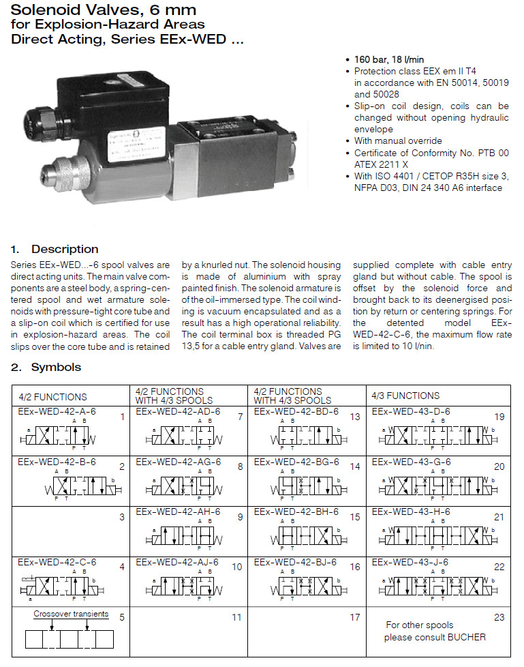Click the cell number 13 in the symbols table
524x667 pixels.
(355, 417)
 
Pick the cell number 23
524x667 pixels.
(499, 617)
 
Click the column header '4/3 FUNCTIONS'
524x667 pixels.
(405, 396)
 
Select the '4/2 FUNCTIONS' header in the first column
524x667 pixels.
(52, 396)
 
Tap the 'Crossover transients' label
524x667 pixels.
(71, 614)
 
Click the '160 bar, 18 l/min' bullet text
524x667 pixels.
(388, 59)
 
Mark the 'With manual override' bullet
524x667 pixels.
(398, 140)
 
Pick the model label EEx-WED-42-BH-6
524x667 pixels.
(296, 512)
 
